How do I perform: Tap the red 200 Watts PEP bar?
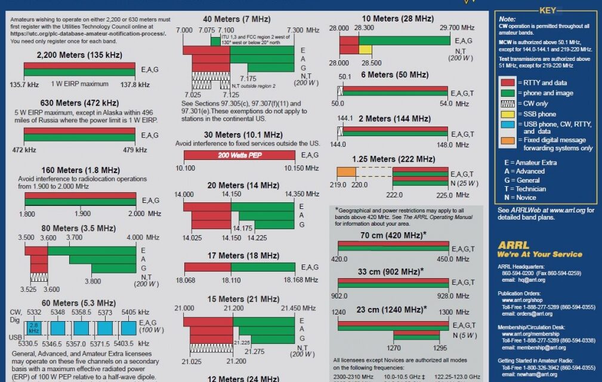tap(239, 155)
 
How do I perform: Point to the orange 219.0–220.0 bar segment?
tap(347, 172)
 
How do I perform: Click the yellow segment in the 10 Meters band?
tap(365, 50)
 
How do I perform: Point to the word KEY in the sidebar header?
tap(548, 10)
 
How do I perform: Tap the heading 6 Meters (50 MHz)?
tap(395, 75)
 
